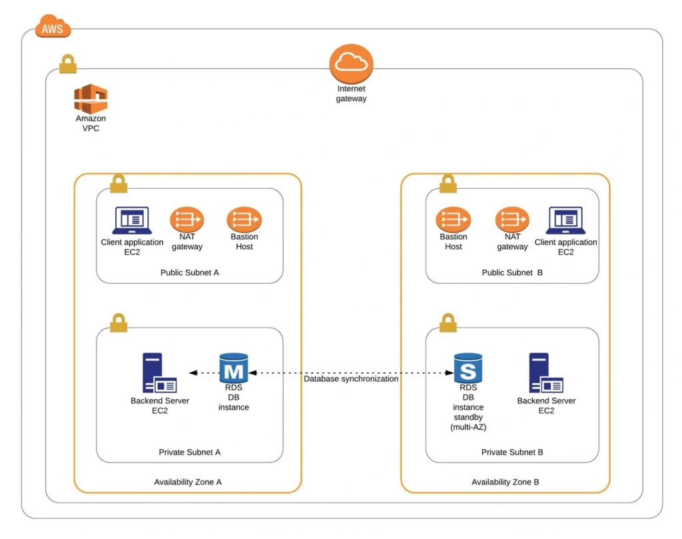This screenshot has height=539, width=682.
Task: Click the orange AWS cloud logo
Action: tap(53, 27)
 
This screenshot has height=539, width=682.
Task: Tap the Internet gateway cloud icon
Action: tap(351, 64)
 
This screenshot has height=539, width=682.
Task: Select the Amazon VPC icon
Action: tap(91, 99)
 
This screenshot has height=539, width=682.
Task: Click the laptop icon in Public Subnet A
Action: tap(132, 221)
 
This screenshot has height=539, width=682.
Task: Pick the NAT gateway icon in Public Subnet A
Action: tap(186, 219)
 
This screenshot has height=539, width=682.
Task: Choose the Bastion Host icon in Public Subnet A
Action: tap(244, 219)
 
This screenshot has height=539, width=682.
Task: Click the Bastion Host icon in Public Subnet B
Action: tap(454, 219)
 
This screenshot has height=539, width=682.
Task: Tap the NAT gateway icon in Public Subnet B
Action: tap(512, 219)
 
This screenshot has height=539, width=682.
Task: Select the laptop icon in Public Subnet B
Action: tap(565, 221)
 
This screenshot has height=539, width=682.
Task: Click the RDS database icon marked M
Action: tap(233, 368)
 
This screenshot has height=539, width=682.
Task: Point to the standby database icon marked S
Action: tap(468, 368)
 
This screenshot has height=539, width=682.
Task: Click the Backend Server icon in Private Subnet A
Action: tap(159, 373)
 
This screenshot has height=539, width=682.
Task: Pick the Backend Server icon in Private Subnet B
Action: tap(545, 373)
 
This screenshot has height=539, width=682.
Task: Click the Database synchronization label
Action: tap(351, 378)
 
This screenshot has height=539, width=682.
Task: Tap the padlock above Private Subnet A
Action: tap(119, 322)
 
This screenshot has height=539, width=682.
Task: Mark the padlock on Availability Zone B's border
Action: tap(448, 183)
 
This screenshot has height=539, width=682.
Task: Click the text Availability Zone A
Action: tap(188, 482)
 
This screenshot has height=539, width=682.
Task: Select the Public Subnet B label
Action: tap(512, 272)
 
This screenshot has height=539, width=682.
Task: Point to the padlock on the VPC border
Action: tap(68, 64)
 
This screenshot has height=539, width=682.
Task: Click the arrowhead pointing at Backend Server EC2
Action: tap(192, 373)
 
